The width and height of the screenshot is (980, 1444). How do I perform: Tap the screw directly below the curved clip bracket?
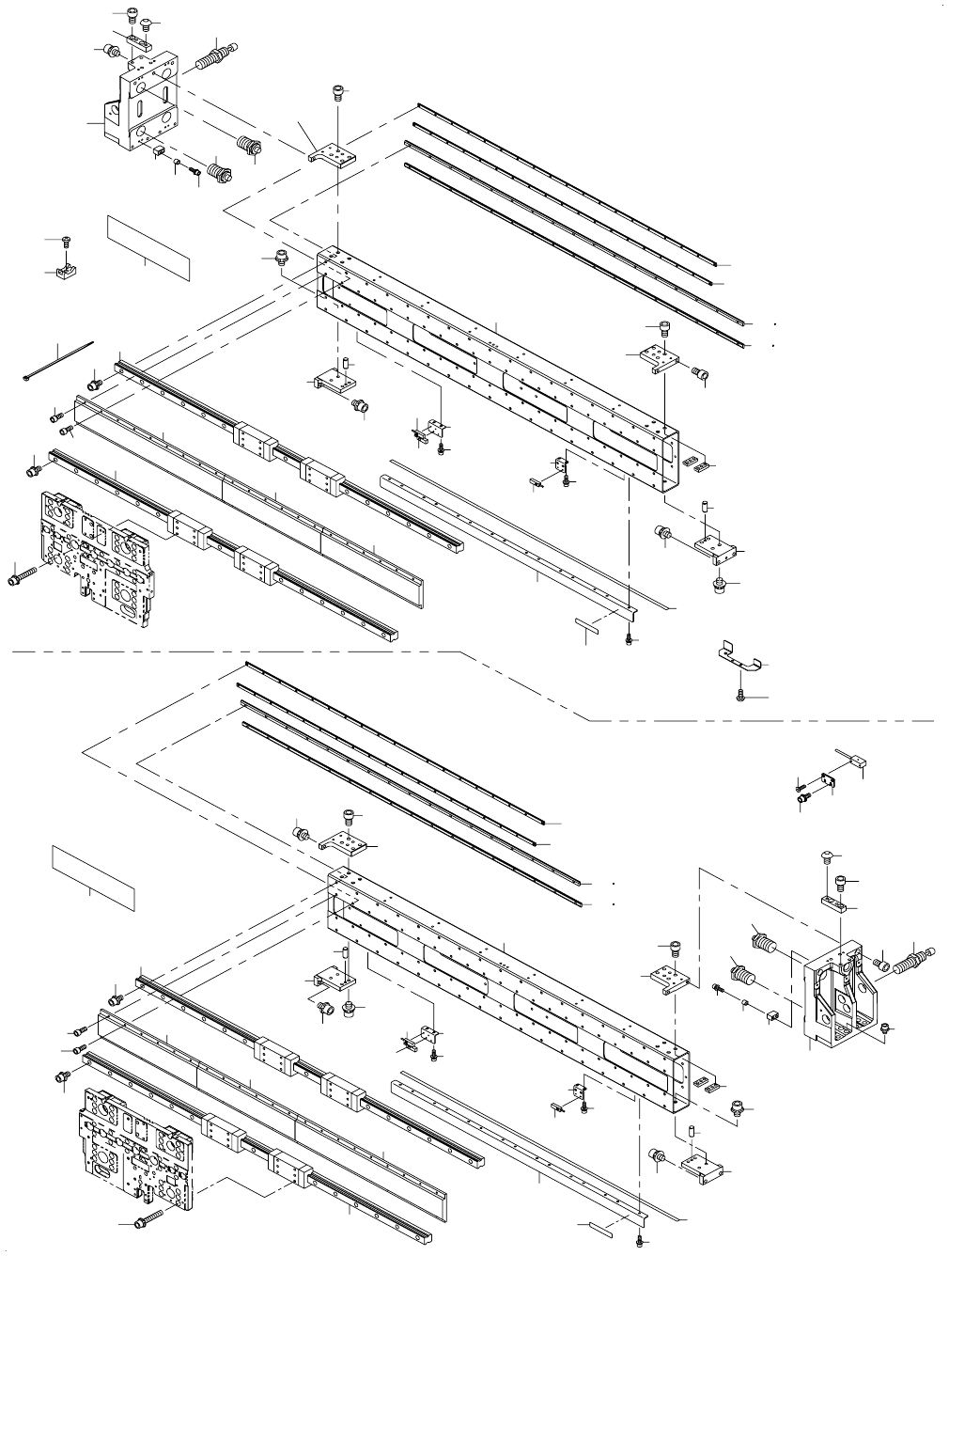click(x=740, y=696)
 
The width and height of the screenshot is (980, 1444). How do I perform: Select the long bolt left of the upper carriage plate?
click(x=23, y=575)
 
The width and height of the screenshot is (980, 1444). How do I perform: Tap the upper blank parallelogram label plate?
click(x=148, y=247)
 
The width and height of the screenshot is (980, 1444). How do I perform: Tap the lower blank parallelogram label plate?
click(x=92, y=877)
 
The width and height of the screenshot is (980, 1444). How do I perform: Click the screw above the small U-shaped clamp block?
click(x=67, y=242)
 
